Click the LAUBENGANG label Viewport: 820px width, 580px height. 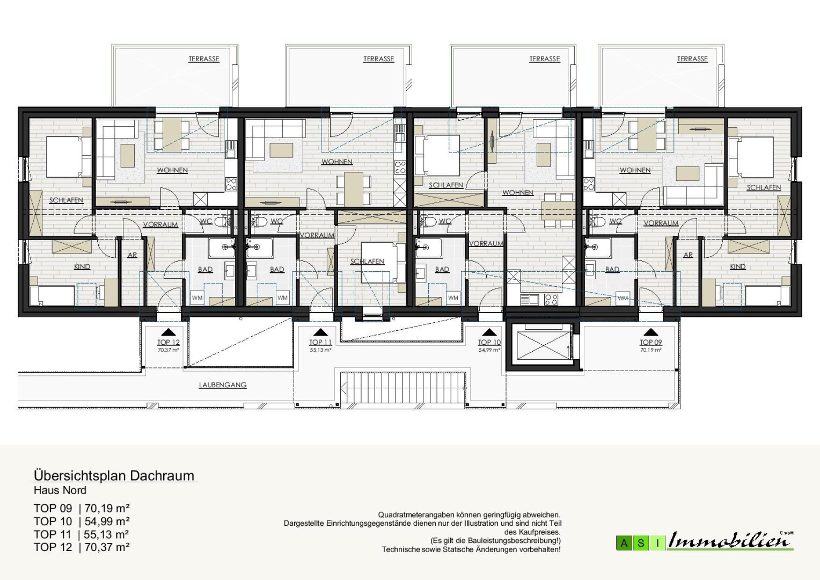pyautogui.click(x=223, y=385)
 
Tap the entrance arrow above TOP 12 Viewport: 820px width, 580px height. pyautogui.click(x=168, y=332)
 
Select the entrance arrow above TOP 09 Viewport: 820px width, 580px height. pyautogui.click(x=650, y=332)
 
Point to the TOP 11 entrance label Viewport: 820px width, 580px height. pyautogui.click(x=320, y=342)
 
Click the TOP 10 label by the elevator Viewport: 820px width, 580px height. pyautogui.click(x=489, y=342)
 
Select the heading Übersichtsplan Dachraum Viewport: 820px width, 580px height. pyautogui.click(x=114, y=476)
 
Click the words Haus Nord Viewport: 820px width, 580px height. pyautogui.click(x=60, y=490)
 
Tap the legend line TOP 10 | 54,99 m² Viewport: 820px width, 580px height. pyautogui.click(x=82, y=521)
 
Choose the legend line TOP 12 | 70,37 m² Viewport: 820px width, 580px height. pyautogui.click(x=82, y=547)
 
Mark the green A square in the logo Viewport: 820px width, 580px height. pyautogui.click(x=624, y=543)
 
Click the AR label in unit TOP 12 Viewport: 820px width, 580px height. pyautogui.click(x=132, y=255)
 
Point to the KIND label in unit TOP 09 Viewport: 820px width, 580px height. pyautogui.click(x=738, y=267)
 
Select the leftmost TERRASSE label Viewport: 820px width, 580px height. pyautogui.click(x=204, y=59)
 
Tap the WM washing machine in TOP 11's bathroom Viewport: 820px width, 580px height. pyautogui.click(x=282, y=298)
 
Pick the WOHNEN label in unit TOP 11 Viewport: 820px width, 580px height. pyautogui.click(x=337, y=162)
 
